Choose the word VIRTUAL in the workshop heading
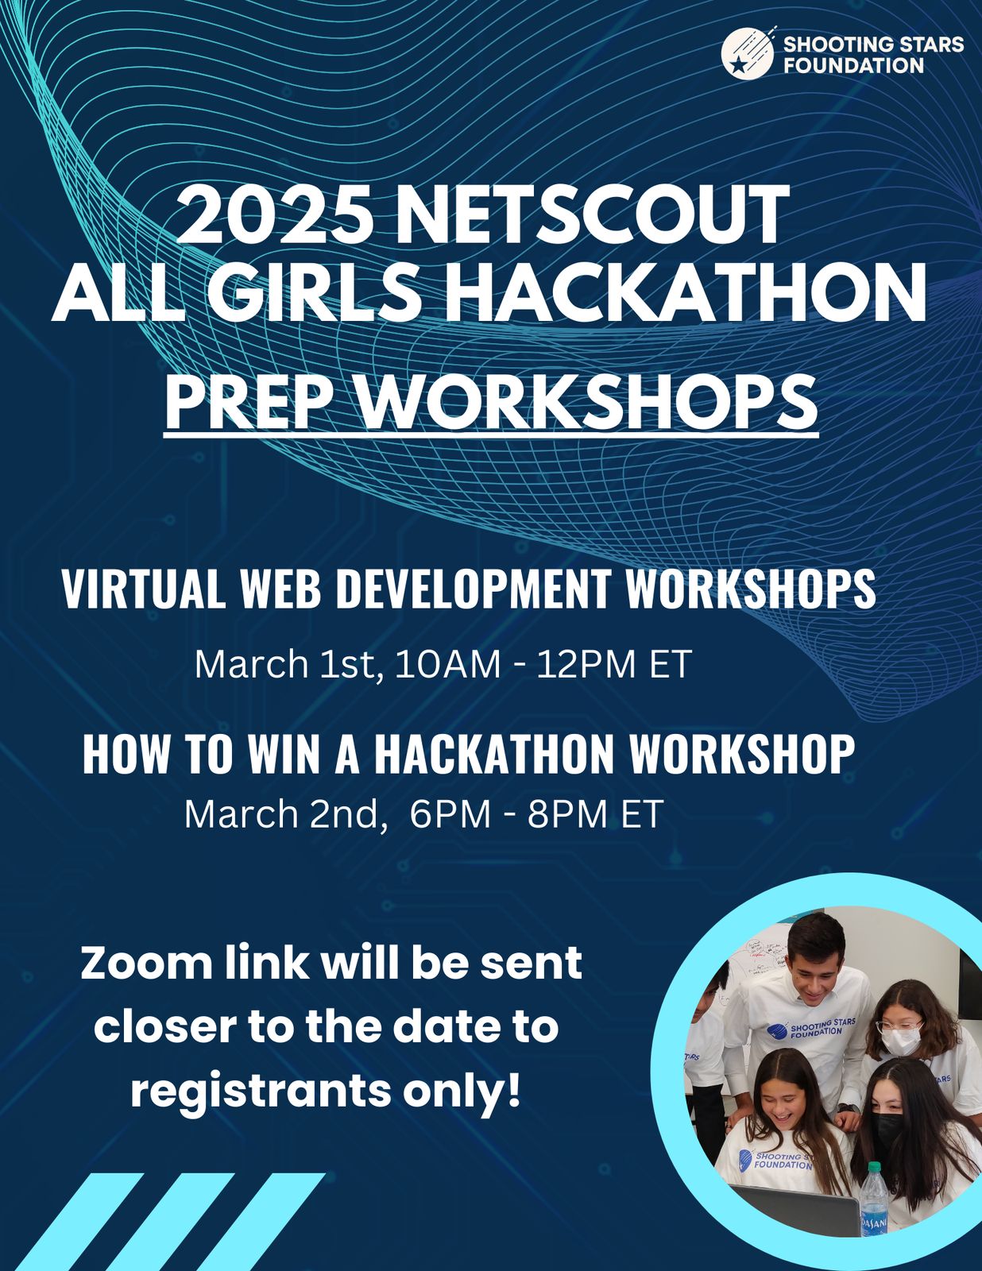pyautogui.click(x=144, y=588)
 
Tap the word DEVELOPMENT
pyautogui.click(x=474, y=588)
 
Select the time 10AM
pyautogui.click(x=448, y=664)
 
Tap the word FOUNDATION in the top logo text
pyautogui.click(x=853, y=64)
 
